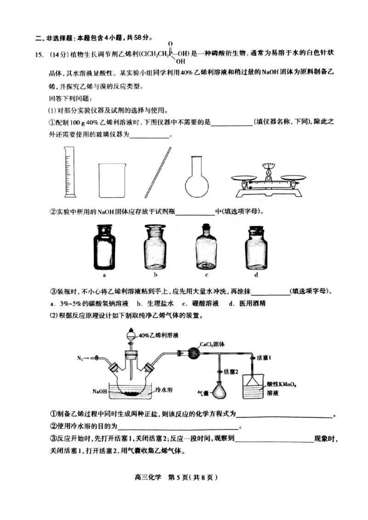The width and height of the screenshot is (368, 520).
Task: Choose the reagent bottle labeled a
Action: click(x=105, y=247)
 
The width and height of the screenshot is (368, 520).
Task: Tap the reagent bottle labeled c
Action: click(x=207, y=247)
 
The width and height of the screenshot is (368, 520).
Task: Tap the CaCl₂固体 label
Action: click(x=212, y=344)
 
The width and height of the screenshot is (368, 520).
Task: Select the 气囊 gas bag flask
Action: click(x=222, y=391)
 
